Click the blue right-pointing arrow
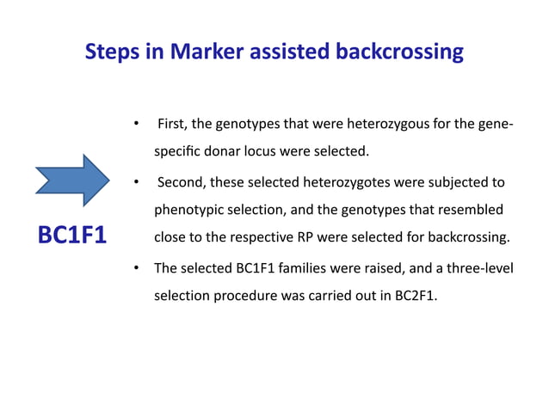point(72,181)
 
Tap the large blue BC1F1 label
point(72,234)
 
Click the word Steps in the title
point(111,52)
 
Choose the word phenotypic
point(188,210)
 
